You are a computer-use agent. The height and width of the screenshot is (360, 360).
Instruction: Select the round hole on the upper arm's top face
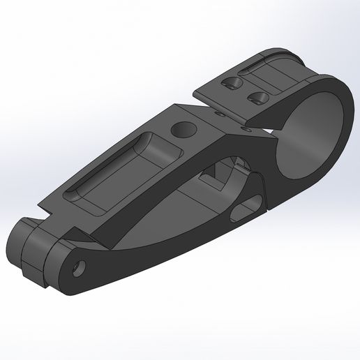coord(183,130)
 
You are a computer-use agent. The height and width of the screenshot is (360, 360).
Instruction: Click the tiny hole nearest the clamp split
coord(245,128)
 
